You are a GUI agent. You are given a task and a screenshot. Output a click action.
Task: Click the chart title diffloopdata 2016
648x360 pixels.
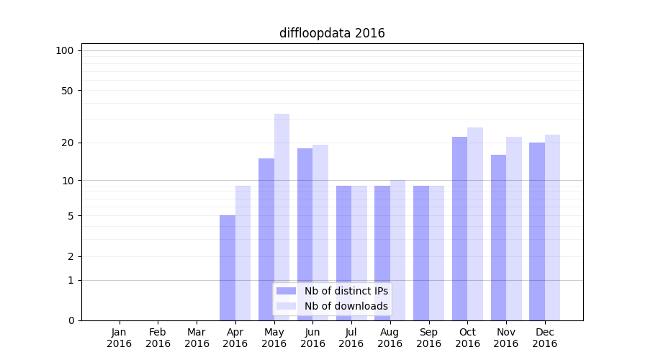[x=332, y=33]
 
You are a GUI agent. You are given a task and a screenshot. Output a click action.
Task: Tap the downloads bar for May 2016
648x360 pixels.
[x=282, y=217]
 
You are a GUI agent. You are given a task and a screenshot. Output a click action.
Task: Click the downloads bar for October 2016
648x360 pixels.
[x=475, y=224]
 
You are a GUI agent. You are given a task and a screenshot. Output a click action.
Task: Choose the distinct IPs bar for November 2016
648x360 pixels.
[x=498, y=238]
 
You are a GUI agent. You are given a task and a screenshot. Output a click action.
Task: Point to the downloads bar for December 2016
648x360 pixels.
[x=552, y=228]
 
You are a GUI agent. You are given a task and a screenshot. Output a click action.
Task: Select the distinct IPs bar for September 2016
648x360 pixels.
[x=421, y=253]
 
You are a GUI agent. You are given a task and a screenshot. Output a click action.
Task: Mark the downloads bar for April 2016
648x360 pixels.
[x=243, y=253]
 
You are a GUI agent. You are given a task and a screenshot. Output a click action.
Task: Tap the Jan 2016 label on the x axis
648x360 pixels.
[x=120, y=338]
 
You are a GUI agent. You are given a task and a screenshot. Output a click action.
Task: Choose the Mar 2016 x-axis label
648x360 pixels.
[x=197, y=338]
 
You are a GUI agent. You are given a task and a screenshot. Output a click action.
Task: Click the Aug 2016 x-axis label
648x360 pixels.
[x=390, y=338]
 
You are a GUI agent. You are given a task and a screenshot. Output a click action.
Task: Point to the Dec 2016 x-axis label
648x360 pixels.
[x=544, y=338]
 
